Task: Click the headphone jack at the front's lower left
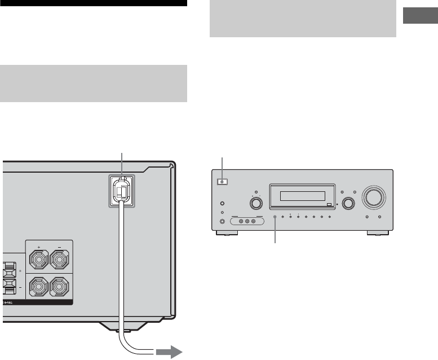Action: click(x=223, y=221)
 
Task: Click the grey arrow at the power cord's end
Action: click(x=169, y=353)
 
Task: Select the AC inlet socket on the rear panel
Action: click(x=122, y=191)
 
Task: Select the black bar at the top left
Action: click(x=94, y=3)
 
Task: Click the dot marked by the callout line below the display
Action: click(x=276, y=217)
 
